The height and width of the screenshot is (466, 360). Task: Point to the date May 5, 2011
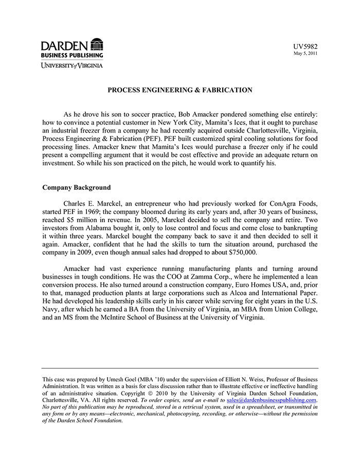click(x=305, y=53)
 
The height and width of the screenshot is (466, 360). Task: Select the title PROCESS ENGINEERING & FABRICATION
click(x=179, y=90)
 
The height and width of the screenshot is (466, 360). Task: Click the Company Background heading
click(x=76, y=188)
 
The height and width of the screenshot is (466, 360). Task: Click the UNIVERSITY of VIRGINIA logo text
click(x=72, y=65)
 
